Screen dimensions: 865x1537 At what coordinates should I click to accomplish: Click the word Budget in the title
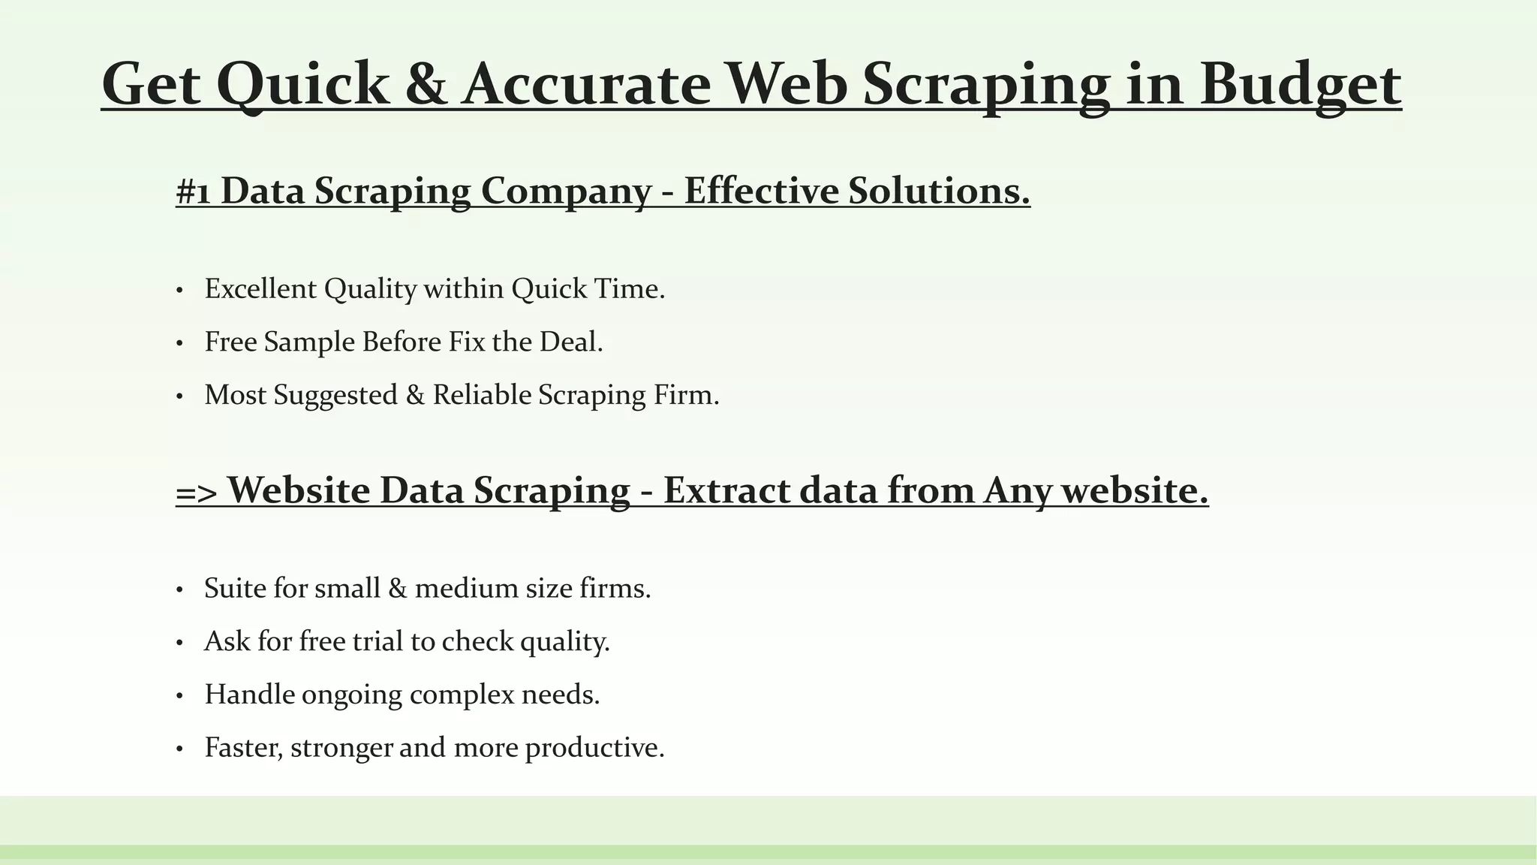(x=1300, y=84)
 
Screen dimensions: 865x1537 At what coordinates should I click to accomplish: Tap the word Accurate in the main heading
(x=586, y=84)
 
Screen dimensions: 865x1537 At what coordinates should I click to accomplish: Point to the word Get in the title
(x=151, y=84)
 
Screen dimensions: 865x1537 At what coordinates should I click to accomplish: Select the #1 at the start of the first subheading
(x=193, y=191)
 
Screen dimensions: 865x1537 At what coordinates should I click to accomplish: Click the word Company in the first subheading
(x=566, y=191)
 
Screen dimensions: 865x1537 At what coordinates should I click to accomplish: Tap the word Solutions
(x=939, y=191)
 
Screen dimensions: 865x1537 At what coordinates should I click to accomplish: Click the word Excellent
(x=260, y=289)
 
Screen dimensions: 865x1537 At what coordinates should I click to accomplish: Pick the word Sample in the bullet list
(x=309, y=342)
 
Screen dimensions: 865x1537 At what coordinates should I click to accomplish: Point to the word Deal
(x=571, y=342)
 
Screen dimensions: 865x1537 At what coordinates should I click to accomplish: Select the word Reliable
(x=482, y=395)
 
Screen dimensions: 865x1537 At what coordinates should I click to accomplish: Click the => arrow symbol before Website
(x=197, y=492)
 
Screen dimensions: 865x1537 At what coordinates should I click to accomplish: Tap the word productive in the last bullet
(x=594, y=748)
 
